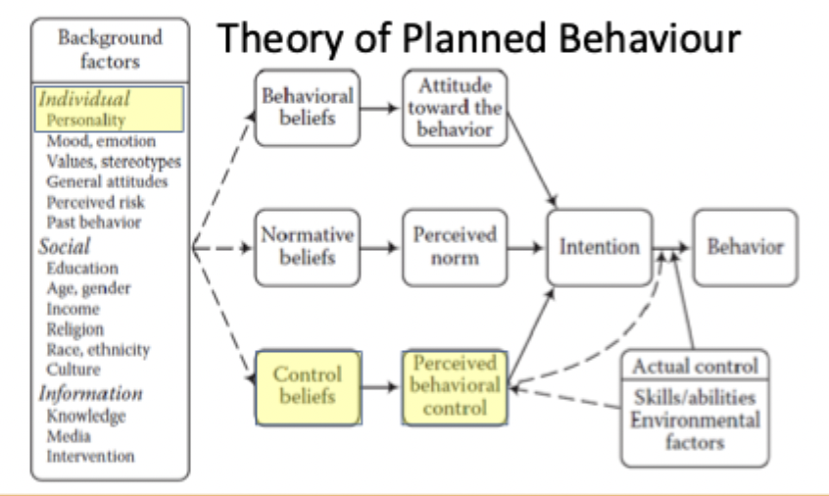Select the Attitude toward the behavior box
pyautogui.click(x=453, y=107)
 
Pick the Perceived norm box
pyautogui.click(x=453, y=246)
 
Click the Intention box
pyautogui.click(x=600, y=246)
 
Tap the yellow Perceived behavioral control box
pyautogui.click(x=455, y=385)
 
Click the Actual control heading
pyautogui.click(x=696, y=368)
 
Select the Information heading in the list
pyautogui.click(x=90, y=393)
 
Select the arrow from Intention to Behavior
pyautogui.click(x=674, y=246)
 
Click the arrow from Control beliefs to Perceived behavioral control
pyautogui.click(x=380, y=385)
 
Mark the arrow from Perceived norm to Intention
pyautogui.click(x=526, y=246)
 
